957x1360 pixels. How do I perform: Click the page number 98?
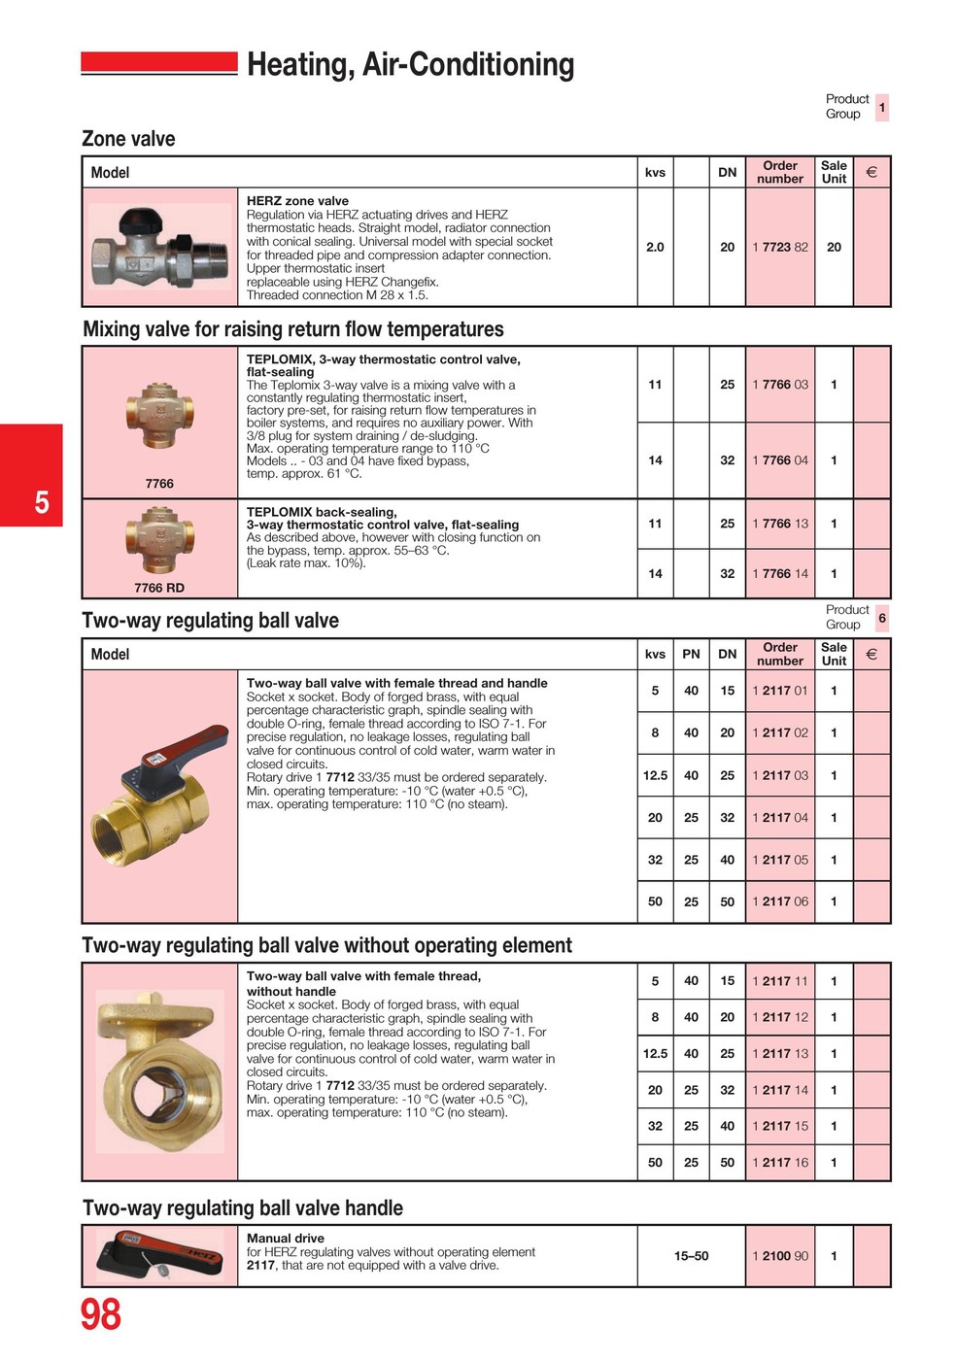[100, 1314]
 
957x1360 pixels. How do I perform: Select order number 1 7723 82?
[779, 247]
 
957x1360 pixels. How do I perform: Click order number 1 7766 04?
[779, 460]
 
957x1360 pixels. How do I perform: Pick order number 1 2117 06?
[779, 901]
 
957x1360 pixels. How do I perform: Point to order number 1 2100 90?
[779, 1256]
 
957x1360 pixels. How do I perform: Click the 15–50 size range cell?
[691, 1256]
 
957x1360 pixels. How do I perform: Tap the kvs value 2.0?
[655, 247]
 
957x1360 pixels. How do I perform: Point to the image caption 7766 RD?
[159, 588]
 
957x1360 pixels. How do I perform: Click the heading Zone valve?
[128, 139]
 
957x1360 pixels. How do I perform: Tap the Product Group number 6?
[881, 618]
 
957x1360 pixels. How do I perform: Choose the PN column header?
[691, 654]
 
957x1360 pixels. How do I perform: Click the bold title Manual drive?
[285, 1239]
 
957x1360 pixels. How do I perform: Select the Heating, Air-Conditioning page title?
[410, 65]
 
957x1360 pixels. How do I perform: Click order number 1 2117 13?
[779, 1054]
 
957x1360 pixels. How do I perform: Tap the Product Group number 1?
[881, 107]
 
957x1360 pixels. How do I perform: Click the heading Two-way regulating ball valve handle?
[243, 1208]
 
